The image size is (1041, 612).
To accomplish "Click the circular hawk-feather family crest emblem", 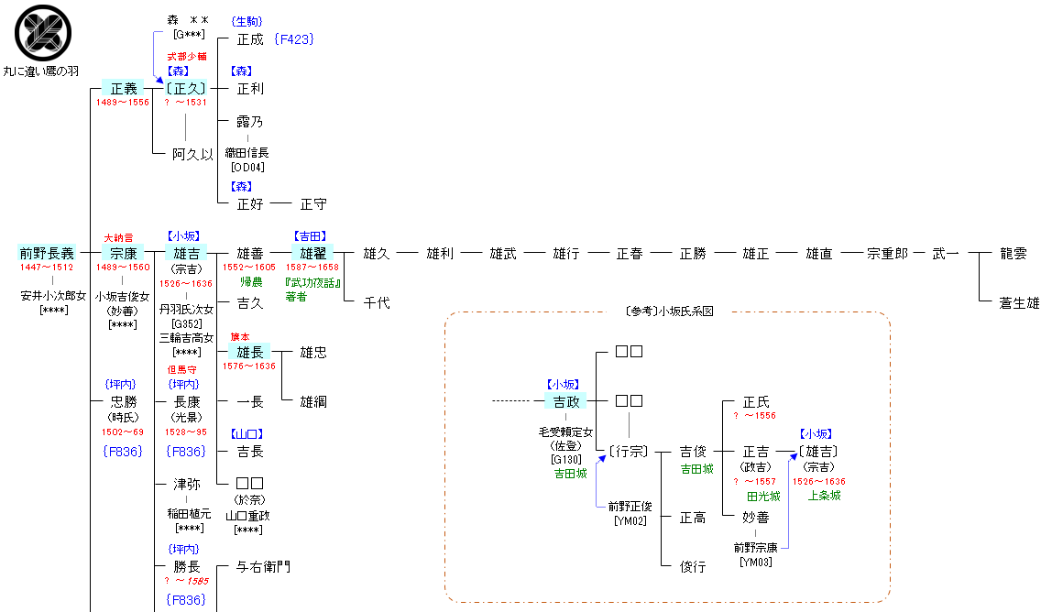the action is tap(43, 33).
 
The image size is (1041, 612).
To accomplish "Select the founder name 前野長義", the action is tap(47, 253).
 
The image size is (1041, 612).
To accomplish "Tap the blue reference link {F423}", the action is tap(293, 39).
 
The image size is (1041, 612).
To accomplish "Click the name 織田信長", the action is tap(247, 153).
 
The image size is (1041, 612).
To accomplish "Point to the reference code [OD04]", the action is tap(247, 168).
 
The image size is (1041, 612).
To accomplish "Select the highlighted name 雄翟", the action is tap(312, 253).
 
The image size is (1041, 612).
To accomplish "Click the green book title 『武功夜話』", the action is tap(312, 283).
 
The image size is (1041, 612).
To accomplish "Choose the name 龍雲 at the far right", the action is tap(1014, 253).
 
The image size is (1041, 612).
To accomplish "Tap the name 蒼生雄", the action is tap(1019, 302).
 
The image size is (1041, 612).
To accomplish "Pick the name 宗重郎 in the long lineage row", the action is tap(887, 253).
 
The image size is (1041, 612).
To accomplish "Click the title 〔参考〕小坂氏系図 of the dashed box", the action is tap(669, 311).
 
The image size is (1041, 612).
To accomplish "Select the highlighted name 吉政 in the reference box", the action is tap(566, 401).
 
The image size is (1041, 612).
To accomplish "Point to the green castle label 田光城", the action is tap(763, 496).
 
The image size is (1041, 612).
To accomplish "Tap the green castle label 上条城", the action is tap(825, 496).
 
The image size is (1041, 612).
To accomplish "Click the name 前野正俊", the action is tap(630, 507).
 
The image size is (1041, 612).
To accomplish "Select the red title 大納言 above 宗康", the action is tap(118, 237).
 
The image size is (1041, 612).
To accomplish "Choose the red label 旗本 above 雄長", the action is tap(240, 337).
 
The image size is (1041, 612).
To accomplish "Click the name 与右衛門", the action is tap(264, 567).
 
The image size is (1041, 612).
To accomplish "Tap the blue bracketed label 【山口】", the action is tap(247, 434).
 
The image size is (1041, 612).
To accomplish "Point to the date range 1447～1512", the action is tap(47, 268).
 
